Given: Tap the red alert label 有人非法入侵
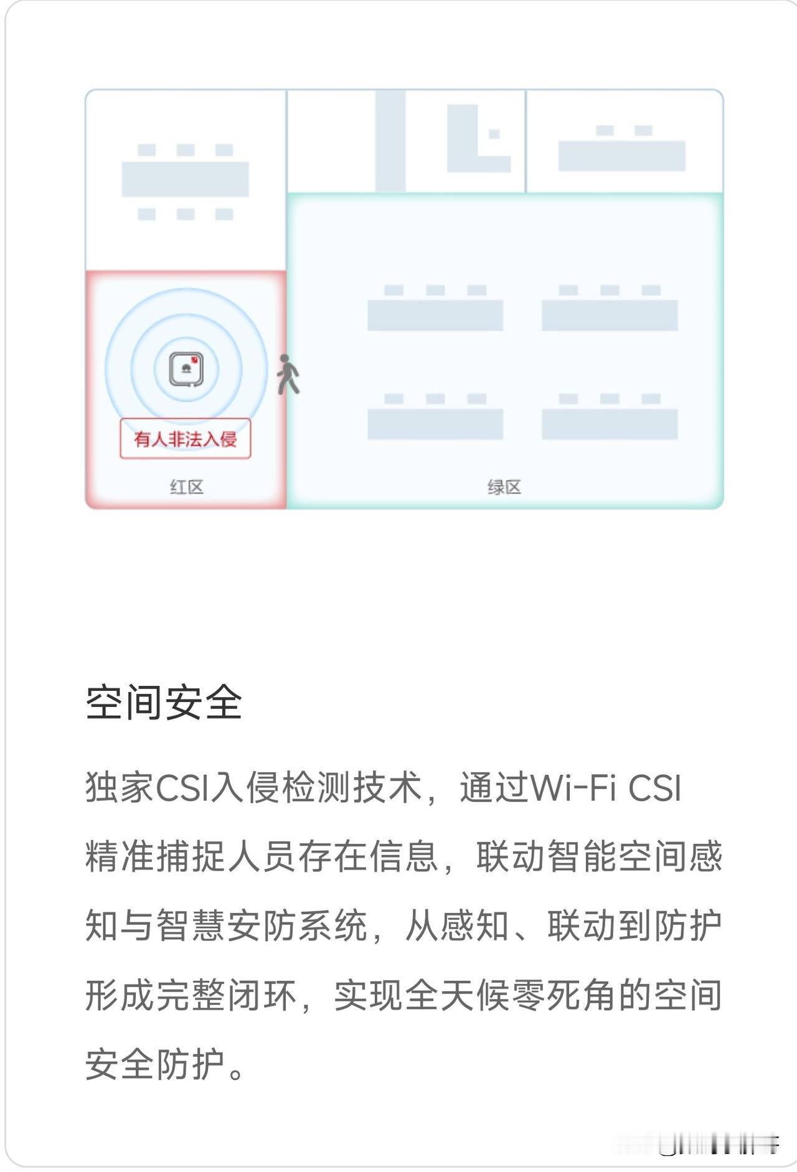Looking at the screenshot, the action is point(186,439).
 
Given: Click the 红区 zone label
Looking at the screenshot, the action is point(186,487).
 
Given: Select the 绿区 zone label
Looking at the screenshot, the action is point(504,487).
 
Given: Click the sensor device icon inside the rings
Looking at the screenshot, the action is point(186,369).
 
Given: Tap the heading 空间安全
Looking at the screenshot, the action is point(164,703).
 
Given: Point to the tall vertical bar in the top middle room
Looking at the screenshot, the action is point(390,141).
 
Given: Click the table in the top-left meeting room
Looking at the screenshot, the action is point(185,179).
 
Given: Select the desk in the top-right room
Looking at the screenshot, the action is point(621,156).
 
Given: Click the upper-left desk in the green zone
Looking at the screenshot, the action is point(435,315).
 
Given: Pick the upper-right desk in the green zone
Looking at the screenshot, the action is point(610,315).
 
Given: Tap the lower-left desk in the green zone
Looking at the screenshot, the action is point(435,424).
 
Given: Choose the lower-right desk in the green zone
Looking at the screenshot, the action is point(610,424).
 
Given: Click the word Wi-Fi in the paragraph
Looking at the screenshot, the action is point(573,788).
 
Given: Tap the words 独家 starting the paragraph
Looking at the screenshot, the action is point(120,788).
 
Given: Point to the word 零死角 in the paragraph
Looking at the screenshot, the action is point(529,995).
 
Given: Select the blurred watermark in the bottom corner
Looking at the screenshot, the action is point(716,1144).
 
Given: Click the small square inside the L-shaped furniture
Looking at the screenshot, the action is point(494,134).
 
